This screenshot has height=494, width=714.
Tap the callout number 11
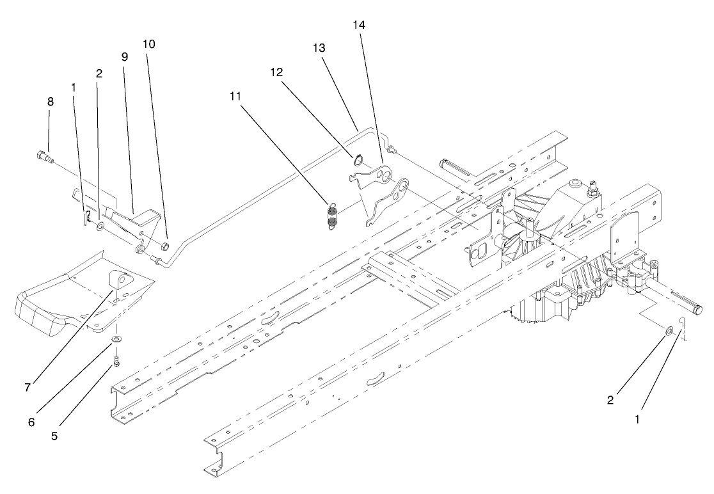click(x=236, y=95)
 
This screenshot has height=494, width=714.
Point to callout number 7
click(x=28, y=388)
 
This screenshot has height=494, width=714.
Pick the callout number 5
click(x=54, y=436)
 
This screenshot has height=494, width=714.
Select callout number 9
click(x=125, y=56)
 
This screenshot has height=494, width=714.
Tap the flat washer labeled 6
click(x=117, y=338)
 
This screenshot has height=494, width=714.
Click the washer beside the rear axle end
click(x=668, y=331)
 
